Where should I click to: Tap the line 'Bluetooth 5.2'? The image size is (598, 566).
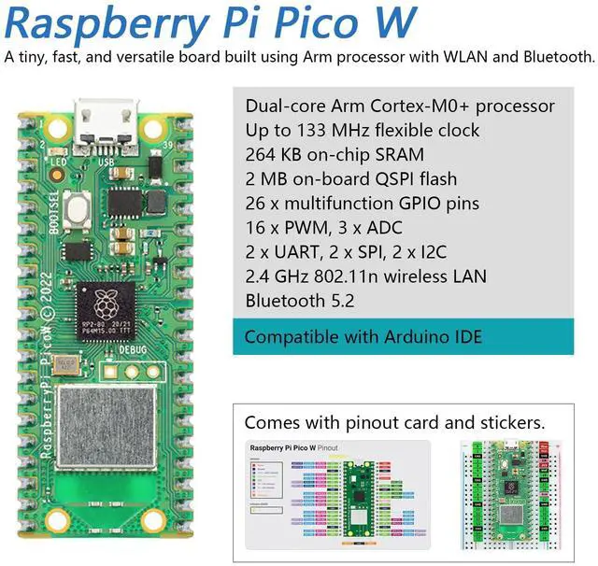(x=299, y=301)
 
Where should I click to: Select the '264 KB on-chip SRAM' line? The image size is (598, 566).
(x=334, y=155)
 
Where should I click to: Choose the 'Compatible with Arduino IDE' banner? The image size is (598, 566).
(x=363, y=336)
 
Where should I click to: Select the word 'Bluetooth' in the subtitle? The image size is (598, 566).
(x=555, y=58)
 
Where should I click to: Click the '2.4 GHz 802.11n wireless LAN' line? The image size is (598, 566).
(x=366, y=276)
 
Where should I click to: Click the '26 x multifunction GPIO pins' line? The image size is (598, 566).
(x=363, y=204)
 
